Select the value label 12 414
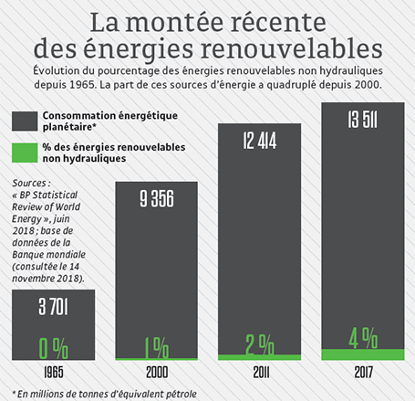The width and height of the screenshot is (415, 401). click(259, 141)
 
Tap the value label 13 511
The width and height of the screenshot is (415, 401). click(363, 119)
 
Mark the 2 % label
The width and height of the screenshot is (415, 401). click(259, 344)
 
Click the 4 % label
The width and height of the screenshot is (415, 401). click(363, 337)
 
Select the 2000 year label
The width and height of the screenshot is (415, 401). click(155, 374)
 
